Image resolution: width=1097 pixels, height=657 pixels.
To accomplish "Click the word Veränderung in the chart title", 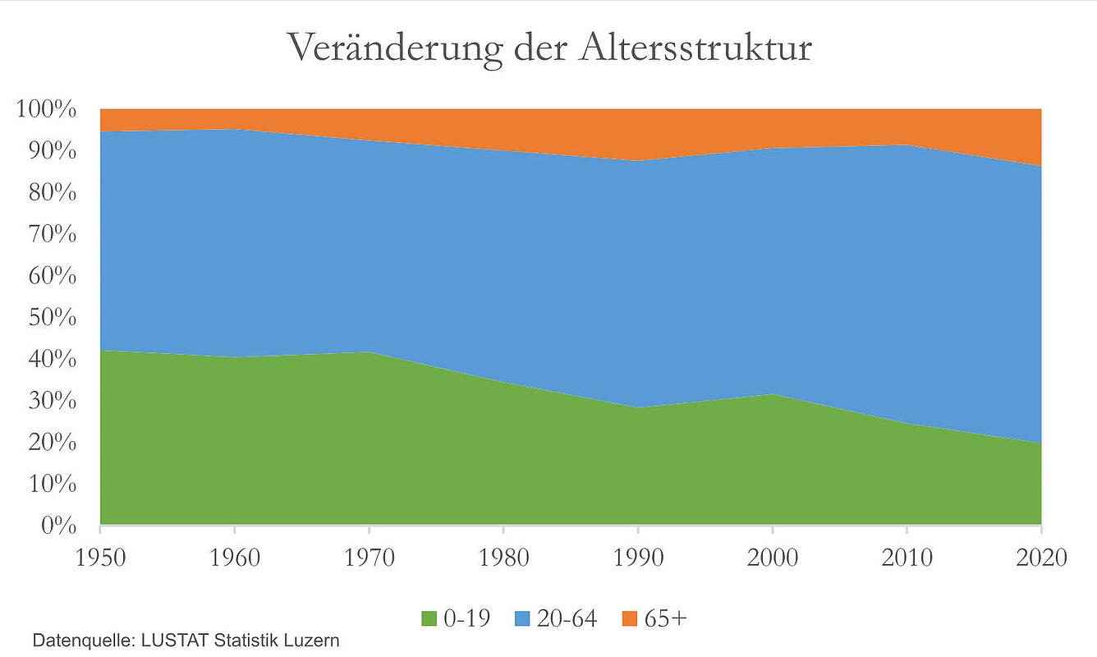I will pos(394,48).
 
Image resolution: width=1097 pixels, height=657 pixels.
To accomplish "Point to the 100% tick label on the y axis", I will pos(47,110).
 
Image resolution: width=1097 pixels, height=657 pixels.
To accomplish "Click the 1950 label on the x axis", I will pos(100,558).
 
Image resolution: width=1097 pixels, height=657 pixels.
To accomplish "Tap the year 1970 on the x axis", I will pos(369,558).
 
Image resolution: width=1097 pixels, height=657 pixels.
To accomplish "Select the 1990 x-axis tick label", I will pos(638,558).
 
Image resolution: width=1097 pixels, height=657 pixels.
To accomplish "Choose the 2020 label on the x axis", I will pos(1040,558).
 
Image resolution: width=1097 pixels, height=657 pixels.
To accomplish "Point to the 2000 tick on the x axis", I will pos(773,558).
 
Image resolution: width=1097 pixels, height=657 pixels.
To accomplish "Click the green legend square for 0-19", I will pos(429,618).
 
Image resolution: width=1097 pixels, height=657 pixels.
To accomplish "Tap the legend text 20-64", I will pos(567,618).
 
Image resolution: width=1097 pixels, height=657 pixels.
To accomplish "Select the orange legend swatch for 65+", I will pos(629,618).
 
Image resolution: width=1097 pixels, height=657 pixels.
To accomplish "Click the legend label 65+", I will pos(665,618).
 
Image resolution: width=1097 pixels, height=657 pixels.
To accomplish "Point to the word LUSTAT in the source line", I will pos(178,640).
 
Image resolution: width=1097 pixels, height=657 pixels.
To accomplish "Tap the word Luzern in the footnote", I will pos(312,640).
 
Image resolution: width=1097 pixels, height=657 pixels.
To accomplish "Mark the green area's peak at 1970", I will pos(369,352).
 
